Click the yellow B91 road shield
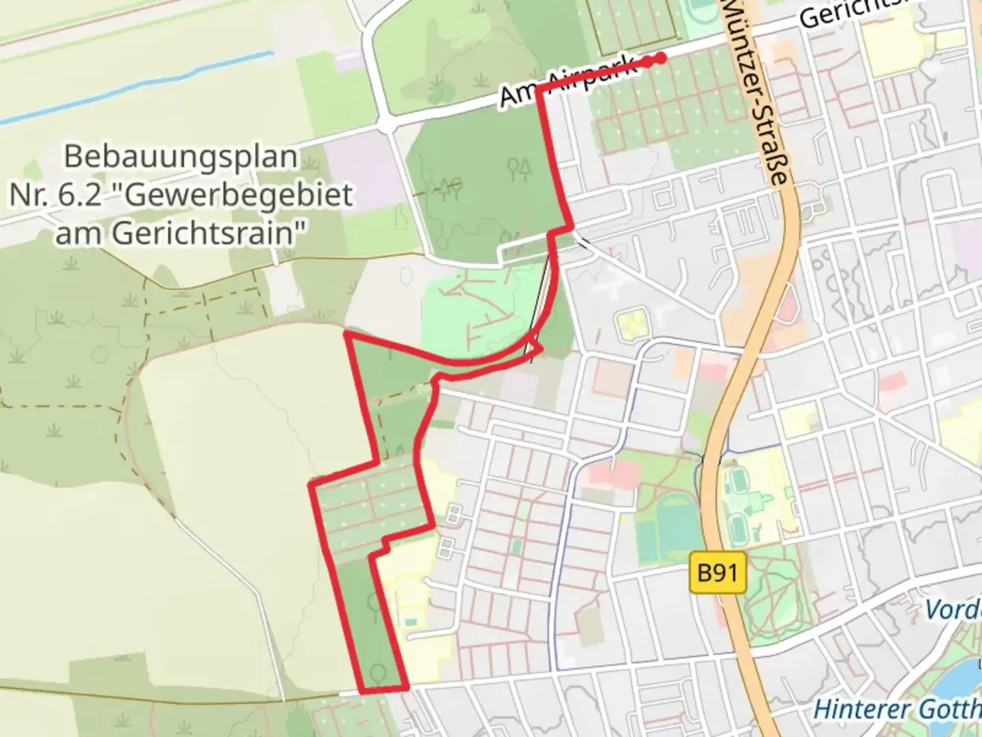coord(717,572)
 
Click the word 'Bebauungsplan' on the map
coord(181,157)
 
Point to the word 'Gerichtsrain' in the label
coord(205,233)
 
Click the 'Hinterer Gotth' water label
coord(897,708)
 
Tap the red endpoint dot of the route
coord(660,59)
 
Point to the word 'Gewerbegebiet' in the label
coord(239,195)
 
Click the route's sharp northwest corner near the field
coord(348,334)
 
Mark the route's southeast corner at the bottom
coord(407,689)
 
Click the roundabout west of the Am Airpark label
coord(387,125)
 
